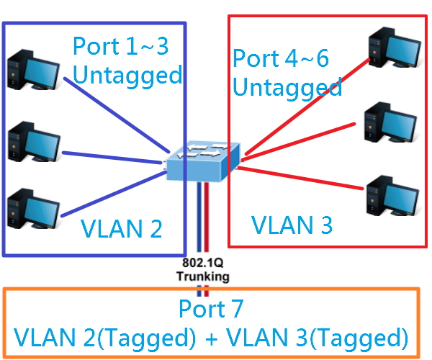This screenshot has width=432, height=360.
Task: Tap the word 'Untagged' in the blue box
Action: (127, 74)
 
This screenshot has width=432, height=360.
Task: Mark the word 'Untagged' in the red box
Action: (288, 88)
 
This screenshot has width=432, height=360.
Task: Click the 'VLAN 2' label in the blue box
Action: (121, 228)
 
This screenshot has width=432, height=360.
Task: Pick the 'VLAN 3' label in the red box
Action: (292, 225)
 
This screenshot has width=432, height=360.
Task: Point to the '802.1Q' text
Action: (204, 264)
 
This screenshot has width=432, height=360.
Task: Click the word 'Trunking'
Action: (204, 275)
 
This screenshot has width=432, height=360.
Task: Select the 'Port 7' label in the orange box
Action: (211, 310)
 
